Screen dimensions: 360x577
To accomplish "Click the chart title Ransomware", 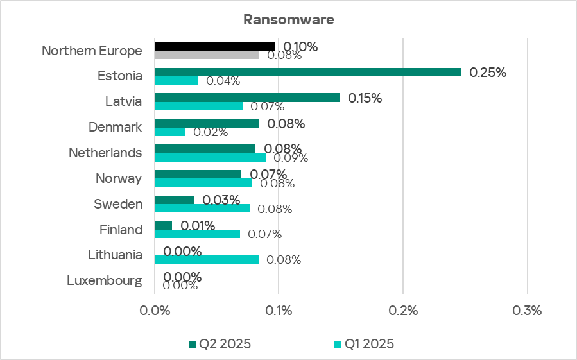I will (288, 19).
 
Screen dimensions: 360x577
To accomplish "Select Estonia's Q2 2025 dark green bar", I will (307, 72).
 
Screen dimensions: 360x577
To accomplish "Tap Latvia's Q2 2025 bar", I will (247, 98).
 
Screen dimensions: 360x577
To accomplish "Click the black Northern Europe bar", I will (214, 46).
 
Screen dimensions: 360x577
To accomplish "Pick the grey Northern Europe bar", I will (207, 55).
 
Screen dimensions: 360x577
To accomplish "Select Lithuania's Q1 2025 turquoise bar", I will (207, 259).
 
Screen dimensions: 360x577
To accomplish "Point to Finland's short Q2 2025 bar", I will (164, 225).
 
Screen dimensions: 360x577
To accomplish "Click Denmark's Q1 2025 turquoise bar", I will (170, 132).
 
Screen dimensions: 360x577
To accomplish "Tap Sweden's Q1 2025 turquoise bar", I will (202, 208).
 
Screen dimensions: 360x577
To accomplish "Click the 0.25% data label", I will (488, 73).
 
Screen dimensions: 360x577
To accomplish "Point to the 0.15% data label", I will (365, 98).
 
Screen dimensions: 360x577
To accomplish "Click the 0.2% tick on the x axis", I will (402, 311).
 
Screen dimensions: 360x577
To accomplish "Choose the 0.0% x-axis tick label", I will (155, 311).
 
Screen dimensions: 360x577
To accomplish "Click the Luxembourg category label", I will (104, 280).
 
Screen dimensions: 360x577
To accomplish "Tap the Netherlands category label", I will (105, 153).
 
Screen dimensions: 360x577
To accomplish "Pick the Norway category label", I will (119, 178).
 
